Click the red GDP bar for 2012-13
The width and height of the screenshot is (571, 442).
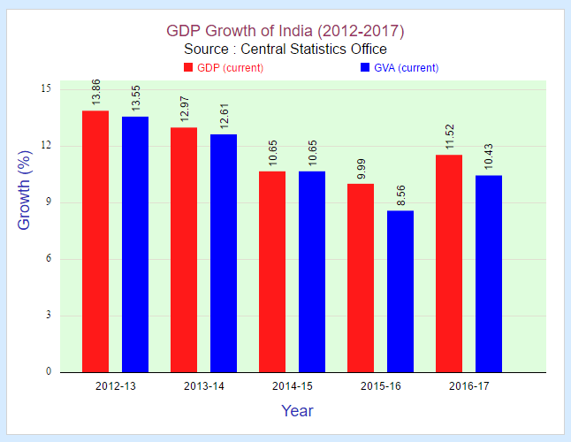(x=95, y=241)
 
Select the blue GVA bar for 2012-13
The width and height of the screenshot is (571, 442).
(x=135, y=244)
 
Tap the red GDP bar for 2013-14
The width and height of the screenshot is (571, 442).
(x=184, y=250)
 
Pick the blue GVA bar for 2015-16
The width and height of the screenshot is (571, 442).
(x=400, y=291)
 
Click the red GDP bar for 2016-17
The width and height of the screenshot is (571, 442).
(x=449, y=263)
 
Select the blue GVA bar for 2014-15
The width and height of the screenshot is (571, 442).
(x=312, y=271)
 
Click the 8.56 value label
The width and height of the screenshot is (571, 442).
(x=400, y=193)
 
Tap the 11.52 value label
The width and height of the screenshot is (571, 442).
(x=449, y=137)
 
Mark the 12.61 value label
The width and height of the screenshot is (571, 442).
(x=224, y=117)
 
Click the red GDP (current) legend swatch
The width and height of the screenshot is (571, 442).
(x=188, y=68)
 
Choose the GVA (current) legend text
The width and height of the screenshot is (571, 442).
(x=407, y=68)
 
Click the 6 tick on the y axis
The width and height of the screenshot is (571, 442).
(x=48, y=259)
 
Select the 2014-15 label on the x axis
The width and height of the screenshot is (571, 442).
(x=293, y=386)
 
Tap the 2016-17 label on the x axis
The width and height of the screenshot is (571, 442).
(x=469, y=386)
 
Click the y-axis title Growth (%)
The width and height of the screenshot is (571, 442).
(x=25, y=189)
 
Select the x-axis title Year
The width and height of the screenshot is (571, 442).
(x=297, y=411)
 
